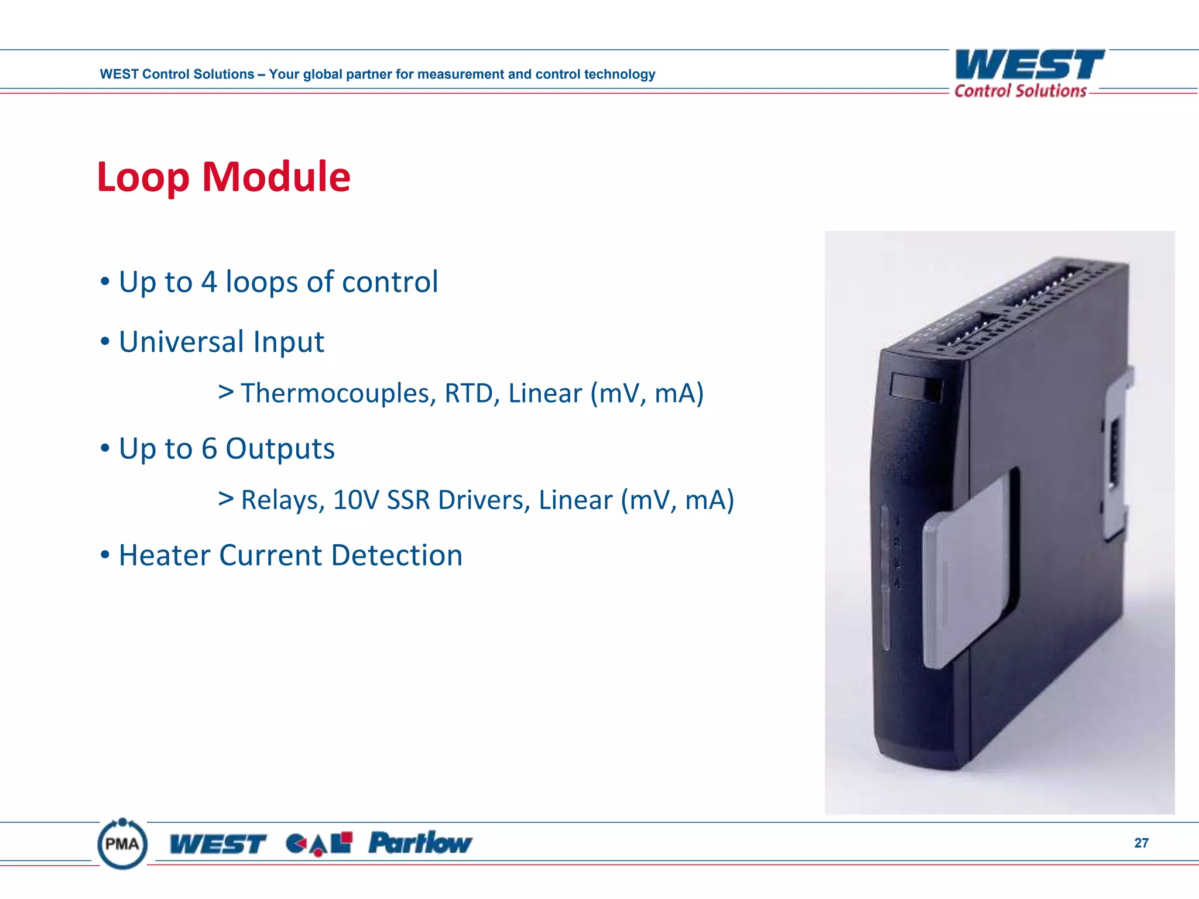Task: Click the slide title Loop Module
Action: pos(224,177)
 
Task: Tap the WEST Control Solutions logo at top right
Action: pos(1029,73)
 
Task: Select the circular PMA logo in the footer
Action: pos(122,844)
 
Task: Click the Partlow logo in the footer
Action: pos(420,843)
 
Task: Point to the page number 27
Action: pos(1141,843)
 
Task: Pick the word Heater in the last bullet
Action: pos(165,555)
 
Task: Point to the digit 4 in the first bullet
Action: pos(209,282)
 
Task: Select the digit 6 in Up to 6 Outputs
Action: pos(209,449)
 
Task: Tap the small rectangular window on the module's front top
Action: pos(914,387)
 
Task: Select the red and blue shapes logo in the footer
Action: pos(318,843)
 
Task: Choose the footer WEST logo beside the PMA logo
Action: pos(218,844)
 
